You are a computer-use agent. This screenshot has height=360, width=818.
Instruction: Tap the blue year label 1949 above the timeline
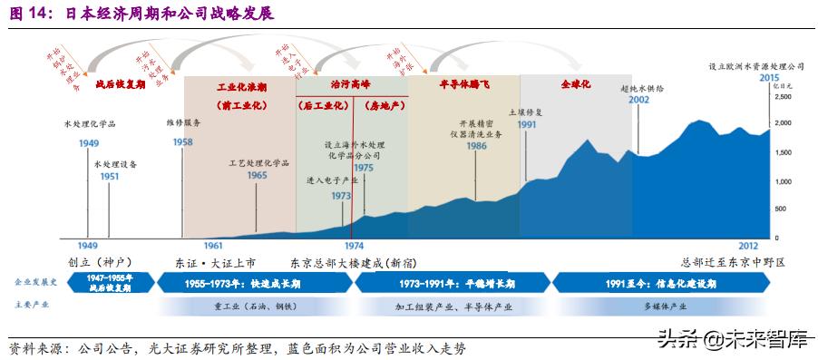[89, 144]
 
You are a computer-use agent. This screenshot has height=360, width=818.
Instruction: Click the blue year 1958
[182, 142]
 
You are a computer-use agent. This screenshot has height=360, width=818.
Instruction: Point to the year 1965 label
[258, 175]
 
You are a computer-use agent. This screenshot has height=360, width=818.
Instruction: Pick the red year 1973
[341, 196]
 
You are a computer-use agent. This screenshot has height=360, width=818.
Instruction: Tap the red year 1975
[365, 168]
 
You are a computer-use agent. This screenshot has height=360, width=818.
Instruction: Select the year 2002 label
[638, 100]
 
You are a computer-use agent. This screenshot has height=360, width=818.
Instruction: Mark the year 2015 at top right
[770, 77]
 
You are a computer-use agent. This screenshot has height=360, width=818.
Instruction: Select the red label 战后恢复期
[120, 83]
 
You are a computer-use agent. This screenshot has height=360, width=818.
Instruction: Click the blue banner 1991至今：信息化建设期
[651, 284]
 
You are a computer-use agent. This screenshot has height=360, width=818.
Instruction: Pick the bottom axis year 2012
[748, 245]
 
